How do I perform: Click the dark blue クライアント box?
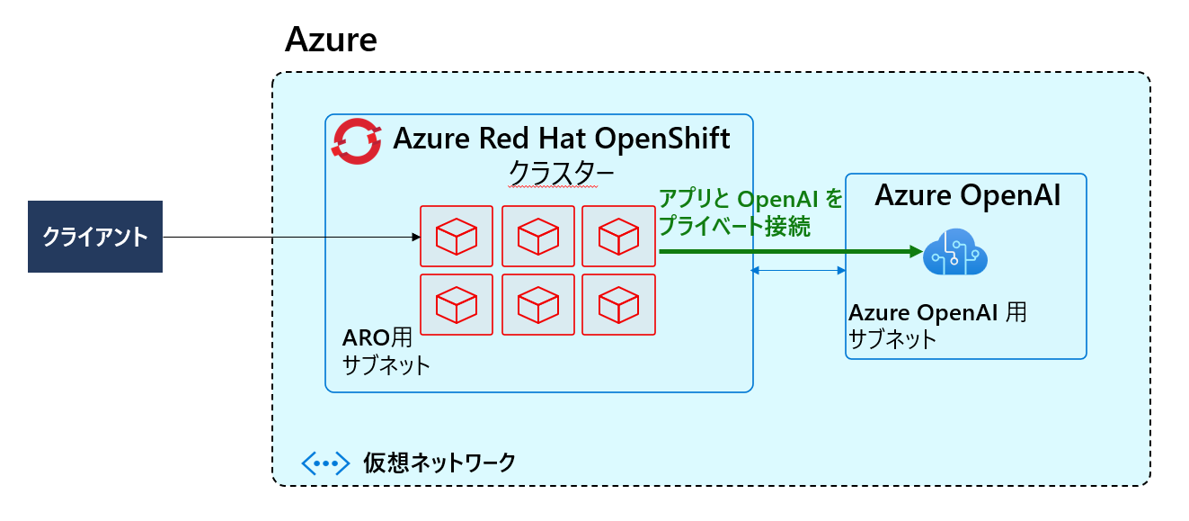point(94,237)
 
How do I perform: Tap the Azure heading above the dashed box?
point(330,40)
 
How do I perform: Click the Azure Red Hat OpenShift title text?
point(562,139)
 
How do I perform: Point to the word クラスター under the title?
point(550,171)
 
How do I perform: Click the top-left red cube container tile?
point(457,236)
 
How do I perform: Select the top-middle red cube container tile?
point(537,236)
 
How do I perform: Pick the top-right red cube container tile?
point(618,236)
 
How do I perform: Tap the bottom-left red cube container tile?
point(457,305)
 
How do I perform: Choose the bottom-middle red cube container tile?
point(537,305)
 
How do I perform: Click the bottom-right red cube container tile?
point(618,305)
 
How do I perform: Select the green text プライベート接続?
point(735,226)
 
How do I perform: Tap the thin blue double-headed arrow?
point(798,270)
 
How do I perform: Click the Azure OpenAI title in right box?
point(968,195)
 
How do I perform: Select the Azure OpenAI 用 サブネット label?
point(937,326)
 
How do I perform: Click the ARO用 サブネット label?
point(386,352)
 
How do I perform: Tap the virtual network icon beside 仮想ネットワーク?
point(324,463)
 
